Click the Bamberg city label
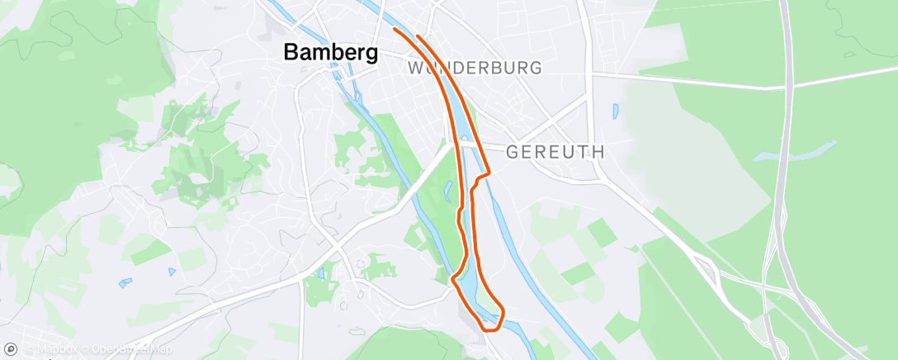(x=331, y=52)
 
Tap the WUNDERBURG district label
(x=475, y=68)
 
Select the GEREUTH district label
(x=555, y=152)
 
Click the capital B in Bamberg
(x=291, y=52)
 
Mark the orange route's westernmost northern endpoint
(x=395, y=29)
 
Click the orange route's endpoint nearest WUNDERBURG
(x=418, y=36)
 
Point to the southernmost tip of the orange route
(x=490, y=329)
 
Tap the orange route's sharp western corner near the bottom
(x=452, y=279)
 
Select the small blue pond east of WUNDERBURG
(x=615, y=111)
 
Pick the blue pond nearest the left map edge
(x=125, y=282)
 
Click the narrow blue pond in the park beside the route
(x=447, y=192)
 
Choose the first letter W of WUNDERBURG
(x=416, y=68)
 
